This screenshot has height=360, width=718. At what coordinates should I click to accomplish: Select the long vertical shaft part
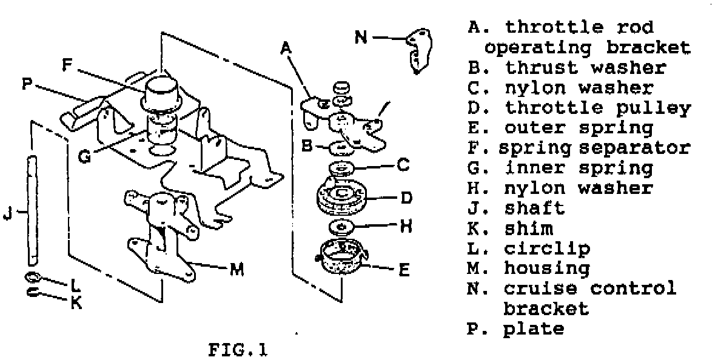pos(32,209)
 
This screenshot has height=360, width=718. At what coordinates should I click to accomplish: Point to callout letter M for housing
pos(238,270)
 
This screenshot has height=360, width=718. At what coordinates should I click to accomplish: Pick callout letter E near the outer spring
pos(403,268)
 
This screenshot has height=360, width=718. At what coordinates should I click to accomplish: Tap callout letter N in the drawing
pos(361,38)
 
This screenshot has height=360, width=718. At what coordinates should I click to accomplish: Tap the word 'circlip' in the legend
pos(547,248)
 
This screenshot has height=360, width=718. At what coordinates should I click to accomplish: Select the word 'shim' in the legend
pos(528,228)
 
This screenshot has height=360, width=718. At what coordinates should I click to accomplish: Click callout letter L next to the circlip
pos(75,282)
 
